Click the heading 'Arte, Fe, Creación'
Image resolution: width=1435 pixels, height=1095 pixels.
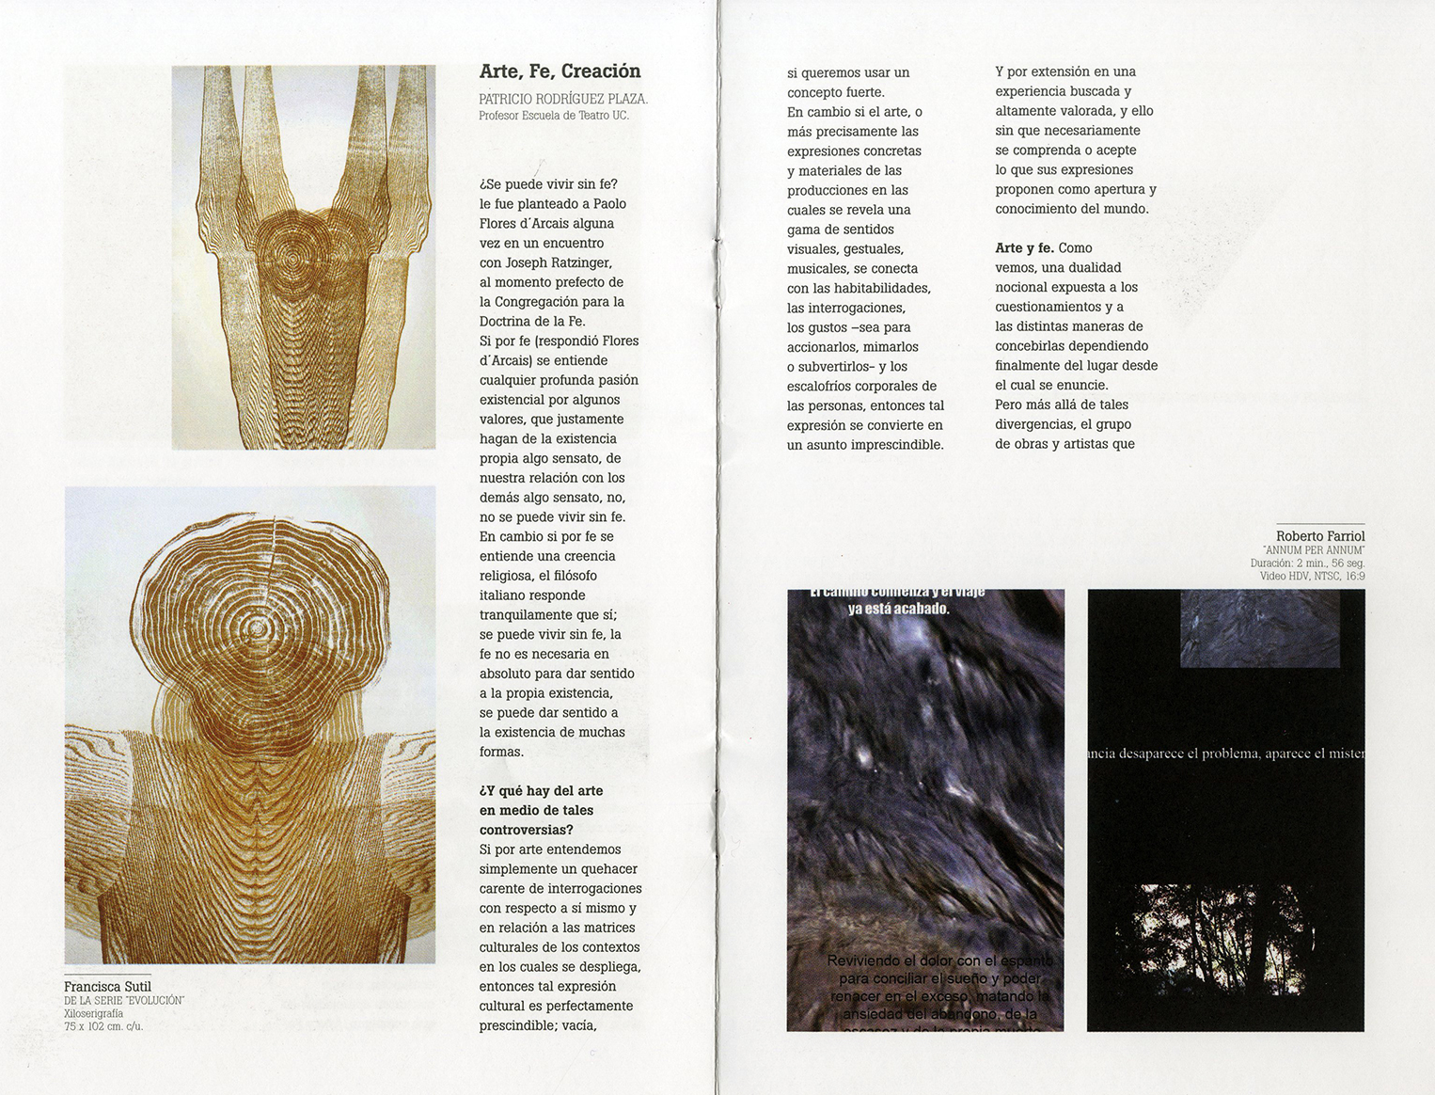click(560, 71)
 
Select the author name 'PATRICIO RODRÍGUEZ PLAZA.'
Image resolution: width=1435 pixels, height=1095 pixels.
click(562, 99)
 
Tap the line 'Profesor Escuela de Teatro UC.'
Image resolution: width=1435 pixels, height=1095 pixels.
click(553, 116)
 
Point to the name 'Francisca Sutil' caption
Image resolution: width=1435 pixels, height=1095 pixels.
click(107, 987)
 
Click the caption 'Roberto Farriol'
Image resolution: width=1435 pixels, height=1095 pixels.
click(1319, 536)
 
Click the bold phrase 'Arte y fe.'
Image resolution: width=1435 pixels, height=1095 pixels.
click(1024, 248)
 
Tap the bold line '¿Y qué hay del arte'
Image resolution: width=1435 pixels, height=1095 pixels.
click(541, 791)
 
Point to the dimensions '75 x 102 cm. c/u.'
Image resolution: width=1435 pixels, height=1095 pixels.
click(103, 1026)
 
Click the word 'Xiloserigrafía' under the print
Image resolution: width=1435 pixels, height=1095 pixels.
click(93, 1014)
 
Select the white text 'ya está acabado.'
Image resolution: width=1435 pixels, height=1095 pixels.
click(898, 609)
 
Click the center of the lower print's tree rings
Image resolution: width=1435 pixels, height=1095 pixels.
click(253, 627)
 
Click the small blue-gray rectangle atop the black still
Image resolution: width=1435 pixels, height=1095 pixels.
click(1259, 628)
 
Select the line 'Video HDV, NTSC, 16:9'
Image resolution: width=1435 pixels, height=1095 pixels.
click(1312, 576)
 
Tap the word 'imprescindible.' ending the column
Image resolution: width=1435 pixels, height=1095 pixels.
click(897, 445)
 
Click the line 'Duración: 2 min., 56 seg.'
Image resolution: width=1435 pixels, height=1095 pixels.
click(1307, 563)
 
